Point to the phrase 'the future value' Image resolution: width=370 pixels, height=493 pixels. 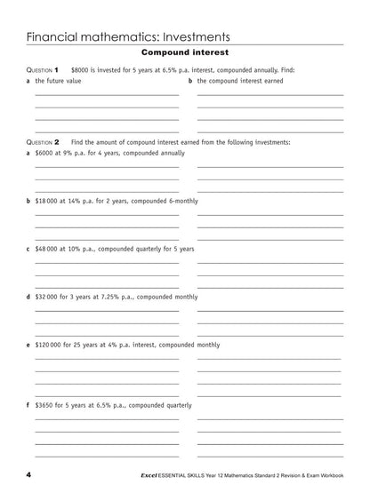[x=58, y=81]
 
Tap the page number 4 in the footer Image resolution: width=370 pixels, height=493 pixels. [x=29, y=476]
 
